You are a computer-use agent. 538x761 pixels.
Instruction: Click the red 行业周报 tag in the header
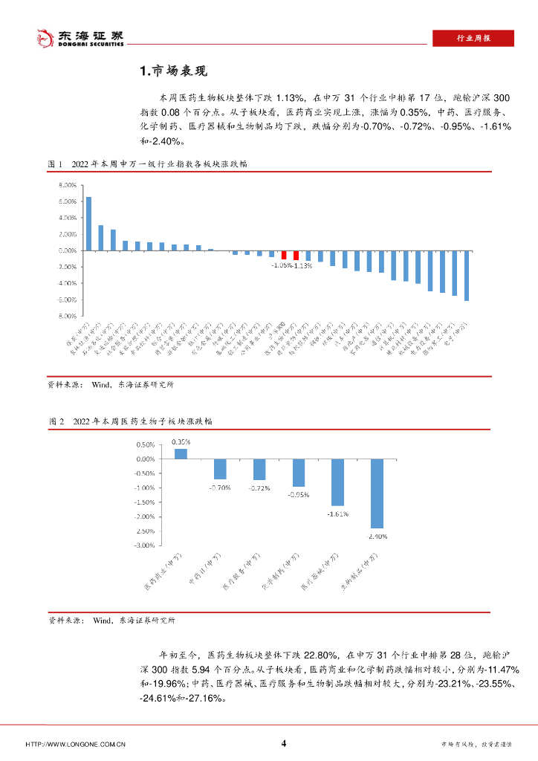tap(473, 39)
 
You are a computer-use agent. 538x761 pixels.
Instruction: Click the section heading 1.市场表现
tap(172, 71)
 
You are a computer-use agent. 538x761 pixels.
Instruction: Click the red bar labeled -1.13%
tap(296, 254)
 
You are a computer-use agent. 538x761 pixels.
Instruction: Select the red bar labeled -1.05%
tap(284, 254)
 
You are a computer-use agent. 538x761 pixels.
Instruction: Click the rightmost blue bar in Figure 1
tap(467, 276)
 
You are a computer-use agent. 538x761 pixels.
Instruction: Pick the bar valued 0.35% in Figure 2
tap(181, 454)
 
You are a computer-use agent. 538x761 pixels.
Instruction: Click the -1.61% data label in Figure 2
tap(338, 514)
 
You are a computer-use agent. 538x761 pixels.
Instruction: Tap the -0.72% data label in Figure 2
tap(259, 488)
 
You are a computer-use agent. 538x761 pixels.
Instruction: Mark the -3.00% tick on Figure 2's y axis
tap(143, 545)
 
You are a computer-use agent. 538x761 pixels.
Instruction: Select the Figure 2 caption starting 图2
tap(130, 421)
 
